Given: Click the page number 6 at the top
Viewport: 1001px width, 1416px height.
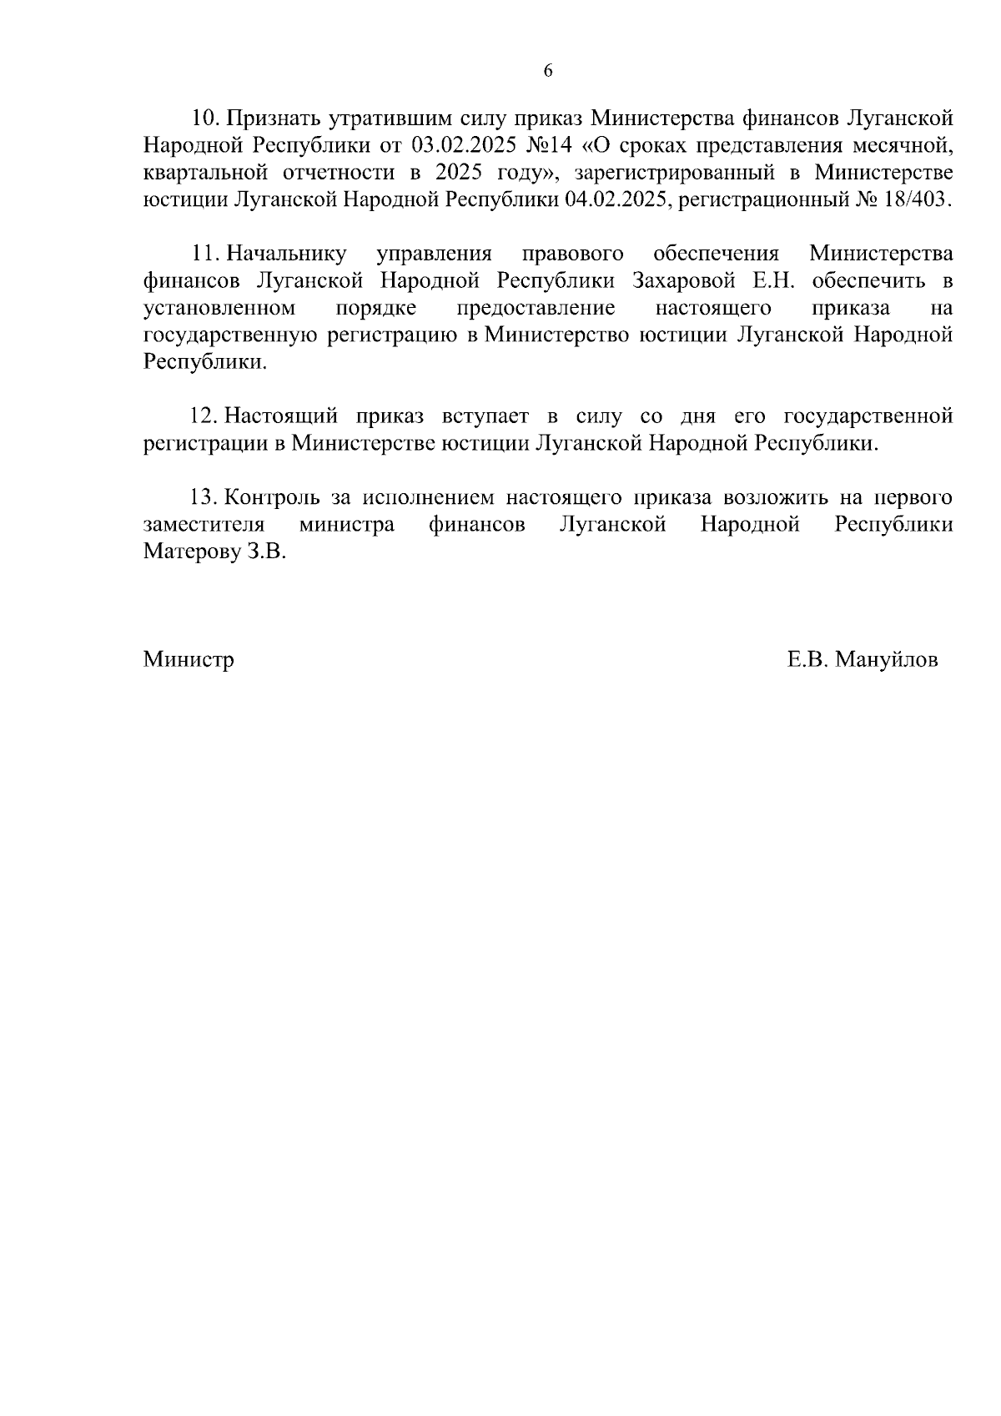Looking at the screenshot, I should pos(548,71).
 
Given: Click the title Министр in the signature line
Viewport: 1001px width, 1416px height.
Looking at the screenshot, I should pos(189,660).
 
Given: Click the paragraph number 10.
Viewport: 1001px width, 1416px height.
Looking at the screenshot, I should pos(204,118).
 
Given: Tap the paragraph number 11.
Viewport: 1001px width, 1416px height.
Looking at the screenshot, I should pos(204,253).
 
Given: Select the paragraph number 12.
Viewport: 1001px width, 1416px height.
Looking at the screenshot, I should pos(204,416).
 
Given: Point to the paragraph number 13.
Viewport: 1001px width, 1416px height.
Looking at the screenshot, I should pos(204,497).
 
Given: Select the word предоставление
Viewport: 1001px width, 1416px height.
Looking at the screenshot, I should pos(536,308).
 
